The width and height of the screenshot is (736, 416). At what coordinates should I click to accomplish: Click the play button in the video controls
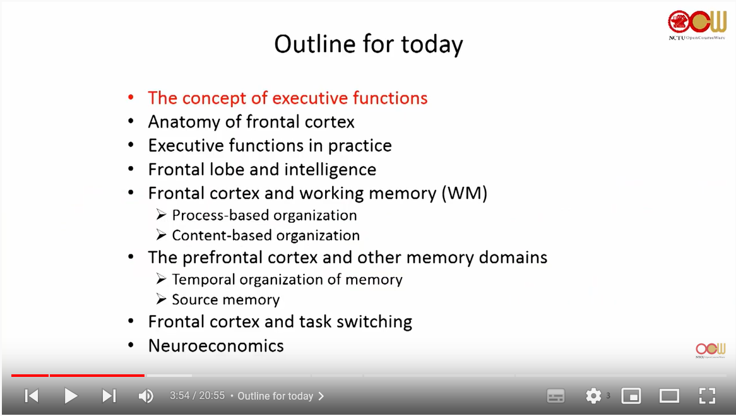71,396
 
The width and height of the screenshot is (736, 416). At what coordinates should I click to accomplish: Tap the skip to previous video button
32,396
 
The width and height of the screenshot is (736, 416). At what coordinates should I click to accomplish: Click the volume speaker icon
146,396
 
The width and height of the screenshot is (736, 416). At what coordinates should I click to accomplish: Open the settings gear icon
593,396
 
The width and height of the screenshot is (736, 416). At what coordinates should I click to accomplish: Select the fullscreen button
707,396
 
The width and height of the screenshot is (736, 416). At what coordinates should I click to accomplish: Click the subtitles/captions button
555,396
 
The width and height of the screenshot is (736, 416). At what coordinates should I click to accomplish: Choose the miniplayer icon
631,396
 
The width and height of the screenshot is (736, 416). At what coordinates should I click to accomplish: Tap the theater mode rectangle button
669,396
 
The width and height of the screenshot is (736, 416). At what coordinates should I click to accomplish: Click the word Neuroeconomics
216,345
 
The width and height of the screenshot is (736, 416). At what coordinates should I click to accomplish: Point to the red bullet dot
131,98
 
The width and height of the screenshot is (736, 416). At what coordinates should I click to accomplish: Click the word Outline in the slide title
315,44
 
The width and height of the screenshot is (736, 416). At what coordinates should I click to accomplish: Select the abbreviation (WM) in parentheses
464,193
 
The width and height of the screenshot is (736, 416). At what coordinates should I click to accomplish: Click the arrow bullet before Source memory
162,299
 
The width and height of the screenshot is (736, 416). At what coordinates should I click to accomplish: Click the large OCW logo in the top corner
697,25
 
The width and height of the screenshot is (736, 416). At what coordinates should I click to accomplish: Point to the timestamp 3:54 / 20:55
197,396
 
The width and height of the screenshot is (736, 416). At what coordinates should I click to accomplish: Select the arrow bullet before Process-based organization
162,215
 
